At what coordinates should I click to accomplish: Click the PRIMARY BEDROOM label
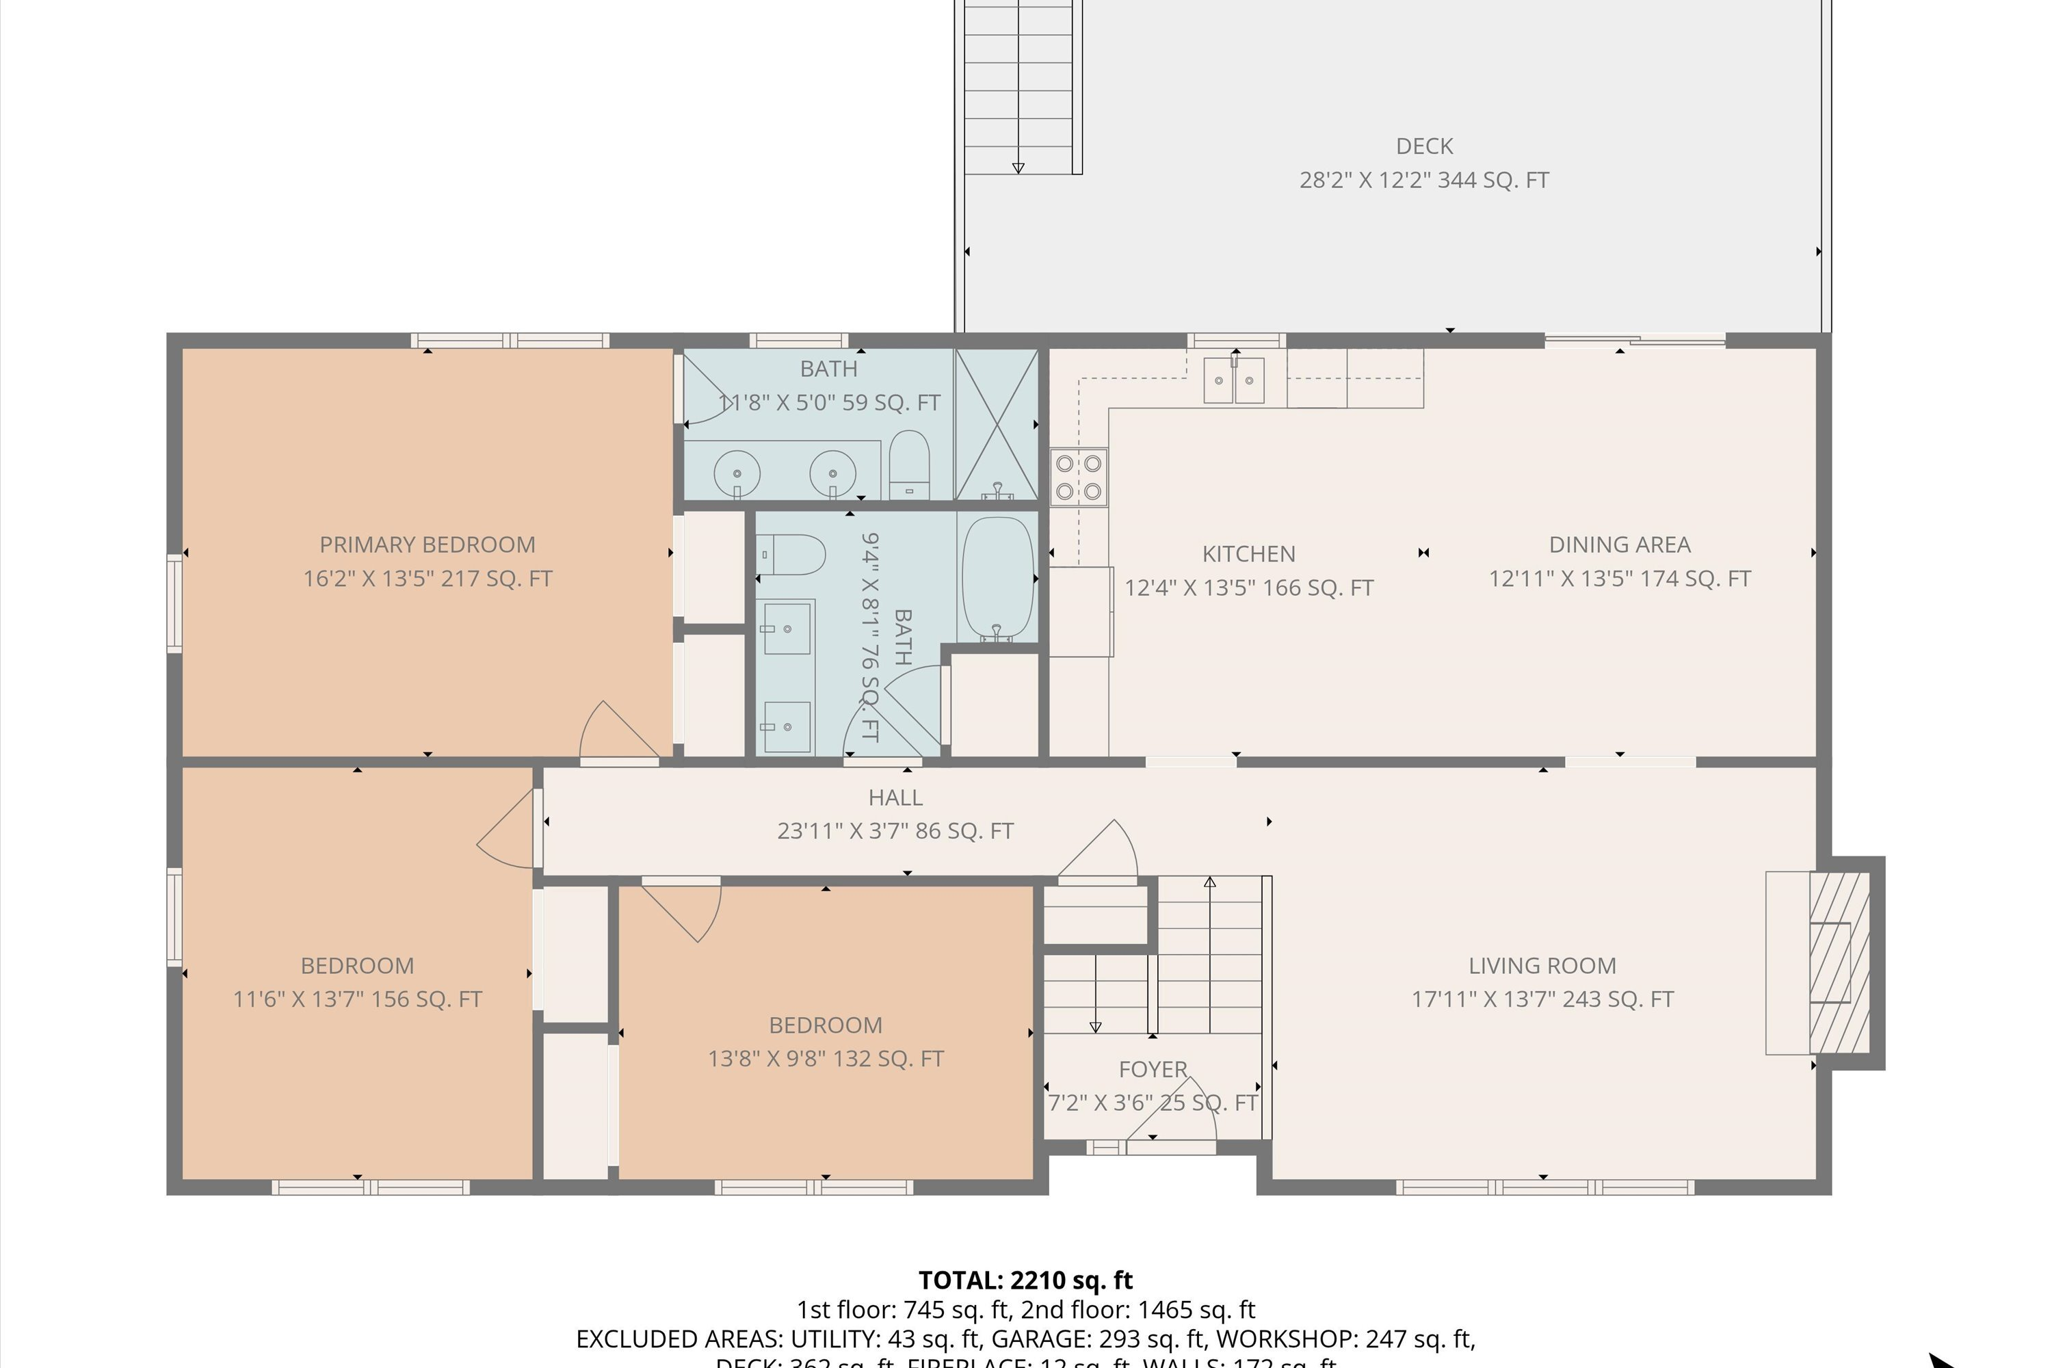(x=427, y=545)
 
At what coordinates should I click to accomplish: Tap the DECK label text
(x=1424, y=146)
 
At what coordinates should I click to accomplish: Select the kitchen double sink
(x=1234, y=380)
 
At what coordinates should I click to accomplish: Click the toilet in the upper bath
(x=909, y=466)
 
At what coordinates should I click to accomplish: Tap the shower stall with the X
(x=997, y=424)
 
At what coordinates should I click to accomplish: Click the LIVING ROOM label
(x=1542, y=966)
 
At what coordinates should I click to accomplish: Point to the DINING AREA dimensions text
(x=1619, y=579)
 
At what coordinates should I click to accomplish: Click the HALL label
(x=895, y=798)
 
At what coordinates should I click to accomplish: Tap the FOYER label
(x=1153, y=1070)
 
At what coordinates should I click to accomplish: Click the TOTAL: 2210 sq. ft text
(x=1025, y=1280)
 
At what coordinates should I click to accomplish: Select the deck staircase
(x=1018, y=88)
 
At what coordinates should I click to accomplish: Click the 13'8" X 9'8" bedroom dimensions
(x=826, y=1059)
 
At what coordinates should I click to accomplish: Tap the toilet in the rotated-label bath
(x=792, y=555)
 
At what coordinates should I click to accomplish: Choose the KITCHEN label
(x=1248, y=554)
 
